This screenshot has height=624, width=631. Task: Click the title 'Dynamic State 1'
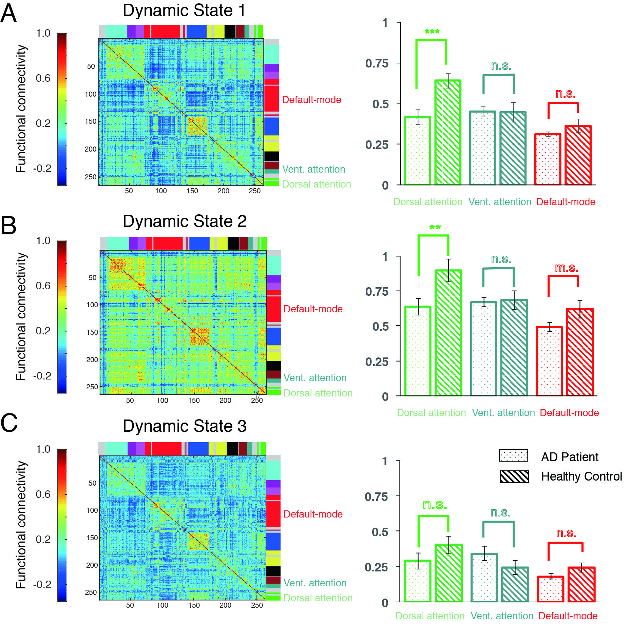(x=184, y=11)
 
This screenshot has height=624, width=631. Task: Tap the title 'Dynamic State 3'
(x=184, y=426)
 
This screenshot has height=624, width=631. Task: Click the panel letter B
(x=9, y=226)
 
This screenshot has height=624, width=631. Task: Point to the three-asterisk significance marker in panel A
(x=432, y=32)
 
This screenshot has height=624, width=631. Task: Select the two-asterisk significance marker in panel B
(x=435, y=227)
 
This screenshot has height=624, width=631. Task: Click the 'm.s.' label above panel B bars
(x=566, y=268)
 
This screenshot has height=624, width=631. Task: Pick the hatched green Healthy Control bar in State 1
(x=448, y=132)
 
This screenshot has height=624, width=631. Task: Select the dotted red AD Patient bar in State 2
(x=549, y=361)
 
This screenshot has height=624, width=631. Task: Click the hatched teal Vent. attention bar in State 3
(x=515, y=584)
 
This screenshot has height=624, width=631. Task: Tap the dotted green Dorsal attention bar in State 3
(x=418, y=581)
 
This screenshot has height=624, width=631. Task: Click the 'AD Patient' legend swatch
(x=513, y=455)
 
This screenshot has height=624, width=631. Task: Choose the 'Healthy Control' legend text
(x=581, y=476)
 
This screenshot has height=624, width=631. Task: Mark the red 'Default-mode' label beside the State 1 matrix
(x=311, y=100)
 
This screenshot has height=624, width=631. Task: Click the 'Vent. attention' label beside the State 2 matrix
(x=315, y=378)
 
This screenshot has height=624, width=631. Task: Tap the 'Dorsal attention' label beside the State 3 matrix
(x=318, y=598)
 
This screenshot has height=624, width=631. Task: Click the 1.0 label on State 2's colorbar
(x=43, y=241)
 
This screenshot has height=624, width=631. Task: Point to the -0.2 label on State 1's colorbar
(x=42, y=168)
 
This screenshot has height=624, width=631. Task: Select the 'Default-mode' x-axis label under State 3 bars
(x=568, y=616)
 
